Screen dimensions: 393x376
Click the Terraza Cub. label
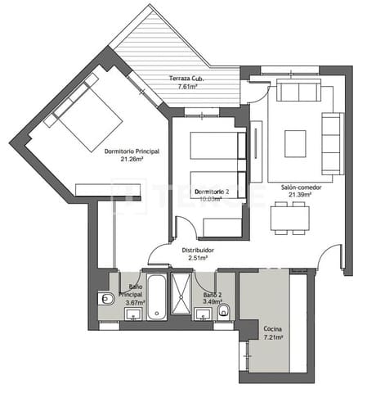[186, 78]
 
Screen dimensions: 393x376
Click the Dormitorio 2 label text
[212, 192]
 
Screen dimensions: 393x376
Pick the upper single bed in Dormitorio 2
[217, 146]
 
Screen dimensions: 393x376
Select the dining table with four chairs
[289, 218]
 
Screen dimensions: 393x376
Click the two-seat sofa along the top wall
[298, 91]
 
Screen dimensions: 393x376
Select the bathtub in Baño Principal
[155, 297]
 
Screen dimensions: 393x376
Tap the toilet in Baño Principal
[105, 300]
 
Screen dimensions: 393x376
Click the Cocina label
[273, 329]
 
